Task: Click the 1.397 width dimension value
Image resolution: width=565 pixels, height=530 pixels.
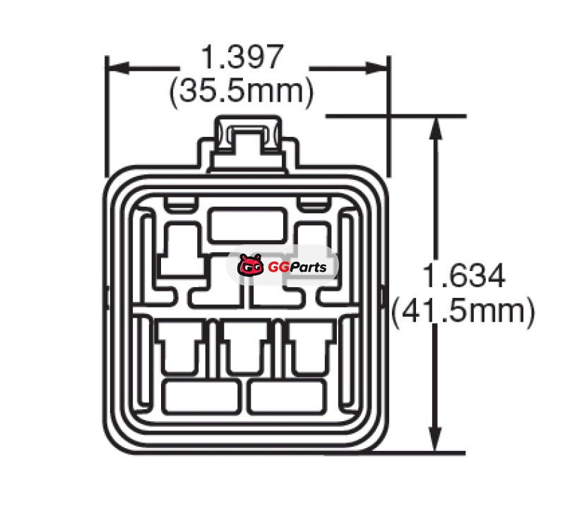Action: [x=242, y=57]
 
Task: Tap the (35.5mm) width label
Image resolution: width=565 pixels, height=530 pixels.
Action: [x=242, y=92]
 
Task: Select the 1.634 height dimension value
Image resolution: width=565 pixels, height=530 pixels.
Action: [x=464, y=276]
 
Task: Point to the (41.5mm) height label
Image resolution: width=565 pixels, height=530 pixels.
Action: [x=463, y=311]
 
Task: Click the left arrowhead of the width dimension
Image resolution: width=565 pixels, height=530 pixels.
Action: [x=118, y=68]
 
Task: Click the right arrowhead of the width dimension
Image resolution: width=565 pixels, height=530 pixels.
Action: [x=376, y=68]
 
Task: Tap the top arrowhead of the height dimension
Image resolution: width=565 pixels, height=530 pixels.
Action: [x=436, y=128]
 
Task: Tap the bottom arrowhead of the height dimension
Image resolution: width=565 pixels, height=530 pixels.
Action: [x=436, y=439]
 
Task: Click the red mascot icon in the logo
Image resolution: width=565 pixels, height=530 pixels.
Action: [x=249, y=265]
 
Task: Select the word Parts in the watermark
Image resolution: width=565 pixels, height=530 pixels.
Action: [x=307, y=267]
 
